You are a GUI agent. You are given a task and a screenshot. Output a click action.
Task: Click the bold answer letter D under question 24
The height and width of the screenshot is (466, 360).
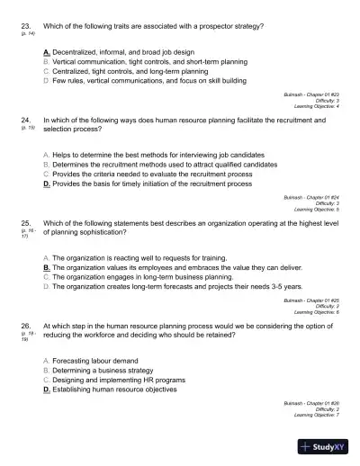(46, 184)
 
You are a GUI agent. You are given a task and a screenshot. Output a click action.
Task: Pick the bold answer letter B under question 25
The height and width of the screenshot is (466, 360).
(46, 267)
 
